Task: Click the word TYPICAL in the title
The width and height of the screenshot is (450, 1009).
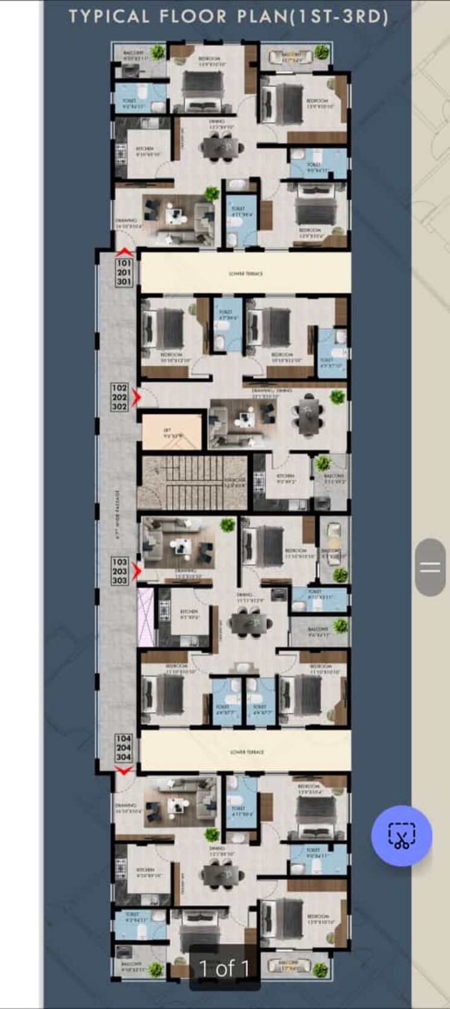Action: click(x=109, y=17)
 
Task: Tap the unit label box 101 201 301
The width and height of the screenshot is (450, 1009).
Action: click(x=124, y=272)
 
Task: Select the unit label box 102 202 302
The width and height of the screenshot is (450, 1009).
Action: click(x=120, y=397)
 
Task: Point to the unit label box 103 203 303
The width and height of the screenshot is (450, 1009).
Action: click(x=120, y=571)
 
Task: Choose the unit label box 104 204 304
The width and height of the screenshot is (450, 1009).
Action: click(x=123, y=748)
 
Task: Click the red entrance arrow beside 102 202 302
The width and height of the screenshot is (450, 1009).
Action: click(x=137, y=397)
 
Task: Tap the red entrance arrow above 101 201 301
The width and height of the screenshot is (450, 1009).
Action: click(x=124, y=252)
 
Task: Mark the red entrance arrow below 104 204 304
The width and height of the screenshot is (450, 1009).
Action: click(x=124, y=770)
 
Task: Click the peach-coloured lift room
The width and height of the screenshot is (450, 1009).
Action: click(x=171, y=432)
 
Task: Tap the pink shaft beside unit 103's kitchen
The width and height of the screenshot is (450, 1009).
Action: click(x=146, y=617)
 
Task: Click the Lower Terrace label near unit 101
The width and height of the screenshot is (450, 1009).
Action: click(x=246, y=274)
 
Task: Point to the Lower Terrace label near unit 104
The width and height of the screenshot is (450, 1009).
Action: click(x=246, y=752)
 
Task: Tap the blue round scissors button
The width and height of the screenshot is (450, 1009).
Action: click(x=401, y=836)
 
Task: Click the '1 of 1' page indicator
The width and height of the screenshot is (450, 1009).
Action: click(x=225, y=968)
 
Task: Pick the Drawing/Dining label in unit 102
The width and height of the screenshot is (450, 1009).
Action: click(x=265, y=392)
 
